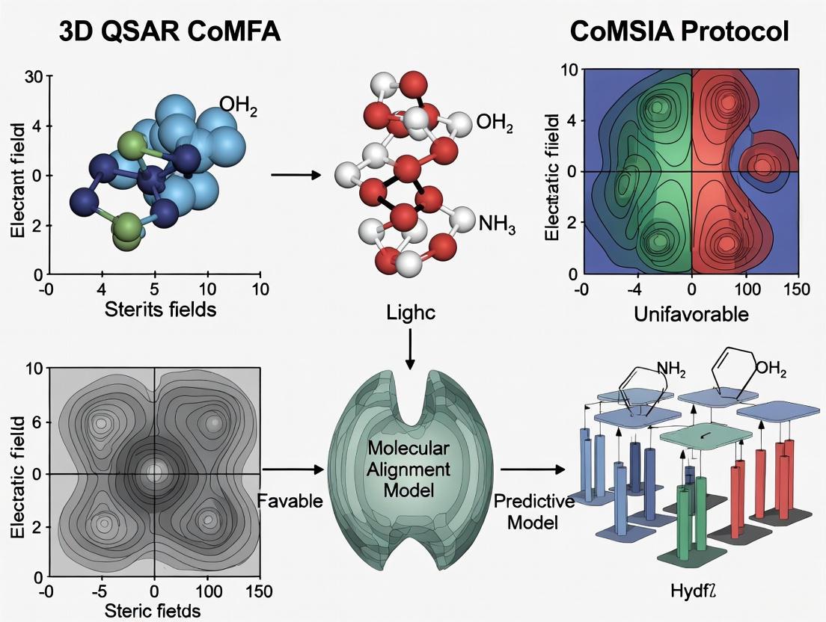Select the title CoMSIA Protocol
tap(678, 31)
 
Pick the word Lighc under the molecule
tap(409, 314)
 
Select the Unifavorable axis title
tap(691, 315)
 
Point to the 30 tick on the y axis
tap(34, 76)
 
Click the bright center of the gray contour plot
tap(155, 472)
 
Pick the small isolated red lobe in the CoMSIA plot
tap(762, 166)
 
